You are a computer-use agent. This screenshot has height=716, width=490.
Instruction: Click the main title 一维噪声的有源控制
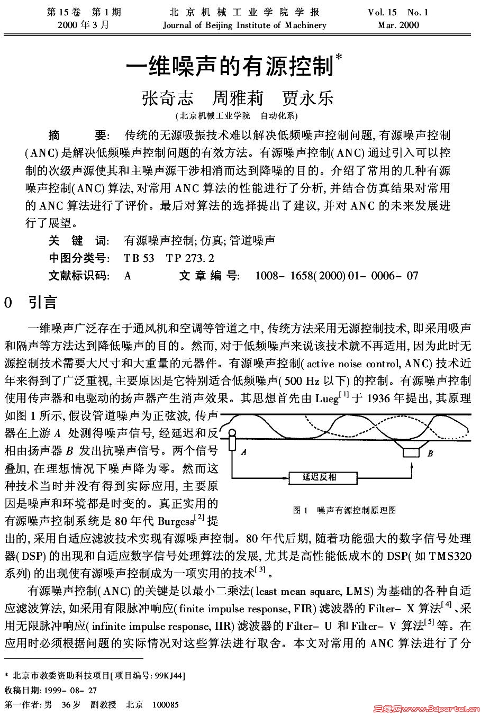pos(230,67)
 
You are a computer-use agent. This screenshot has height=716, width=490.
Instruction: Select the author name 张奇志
pos(167,98)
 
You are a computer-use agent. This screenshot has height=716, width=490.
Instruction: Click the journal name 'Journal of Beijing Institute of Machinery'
pos(244,25)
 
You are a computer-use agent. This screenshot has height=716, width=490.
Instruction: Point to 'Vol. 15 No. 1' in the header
pos(398,12)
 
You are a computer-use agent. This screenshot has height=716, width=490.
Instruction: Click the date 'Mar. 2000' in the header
pos(398,25)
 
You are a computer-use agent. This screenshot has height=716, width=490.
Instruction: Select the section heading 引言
pos(42,302)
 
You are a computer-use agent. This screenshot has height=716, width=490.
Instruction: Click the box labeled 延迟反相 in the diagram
pos(319,477)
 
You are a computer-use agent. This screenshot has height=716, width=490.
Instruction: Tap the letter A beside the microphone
pos(243,452)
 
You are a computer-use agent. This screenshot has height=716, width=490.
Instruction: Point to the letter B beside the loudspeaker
pos(430,453)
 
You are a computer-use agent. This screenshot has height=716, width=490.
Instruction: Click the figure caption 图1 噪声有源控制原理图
pos(344,510)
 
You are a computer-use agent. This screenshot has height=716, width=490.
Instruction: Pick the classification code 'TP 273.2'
pos(190,258)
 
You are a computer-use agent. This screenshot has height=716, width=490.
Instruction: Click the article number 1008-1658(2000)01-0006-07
pos(337,276)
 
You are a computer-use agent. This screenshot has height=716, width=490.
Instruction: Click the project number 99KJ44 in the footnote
pos(168,676)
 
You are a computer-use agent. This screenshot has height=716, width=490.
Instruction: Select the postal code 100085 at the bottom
pos(165,704)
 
